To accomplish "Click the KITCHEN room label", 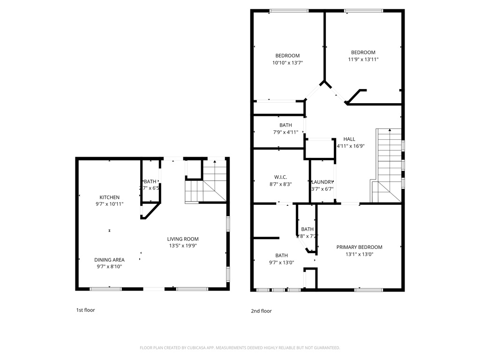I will (x=109, y=197).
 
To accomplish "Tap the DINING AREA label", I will (x=109, y=260).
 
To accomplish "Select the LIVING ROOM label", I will (x=183, y=239).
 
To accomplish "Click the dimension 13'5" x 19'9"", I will (x=183, y=246).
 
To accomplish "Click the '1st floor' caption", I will (x=85, y=310).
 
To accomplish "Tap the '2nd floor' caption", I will (x=261, y=311).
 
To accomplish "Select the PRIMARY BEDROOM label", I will (x=359, y=247).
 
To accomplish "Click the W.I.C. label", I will (x=281, y=177).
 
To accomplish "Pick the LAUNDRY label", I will (x=322, y=182).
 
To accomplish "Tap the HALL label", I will (x=349, y=139).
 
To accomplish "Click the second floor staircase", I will (x=388, y=164).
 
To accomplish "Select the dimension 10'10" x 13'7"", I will (x=287, y=62).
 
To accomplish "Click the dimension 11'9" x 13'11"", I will (x=363, y=59).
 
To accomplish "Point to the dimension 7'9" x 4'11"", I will (x=285, y=132).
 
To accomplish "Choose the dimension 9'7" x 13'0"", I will (x=282, y=262).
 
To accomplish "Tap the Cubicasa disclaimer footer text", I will (x=240, y=348).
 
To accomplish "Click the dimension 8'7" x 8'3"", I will (x=281, y=184).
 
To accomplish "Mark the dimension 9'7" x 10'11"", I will (x=109, y=204).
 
